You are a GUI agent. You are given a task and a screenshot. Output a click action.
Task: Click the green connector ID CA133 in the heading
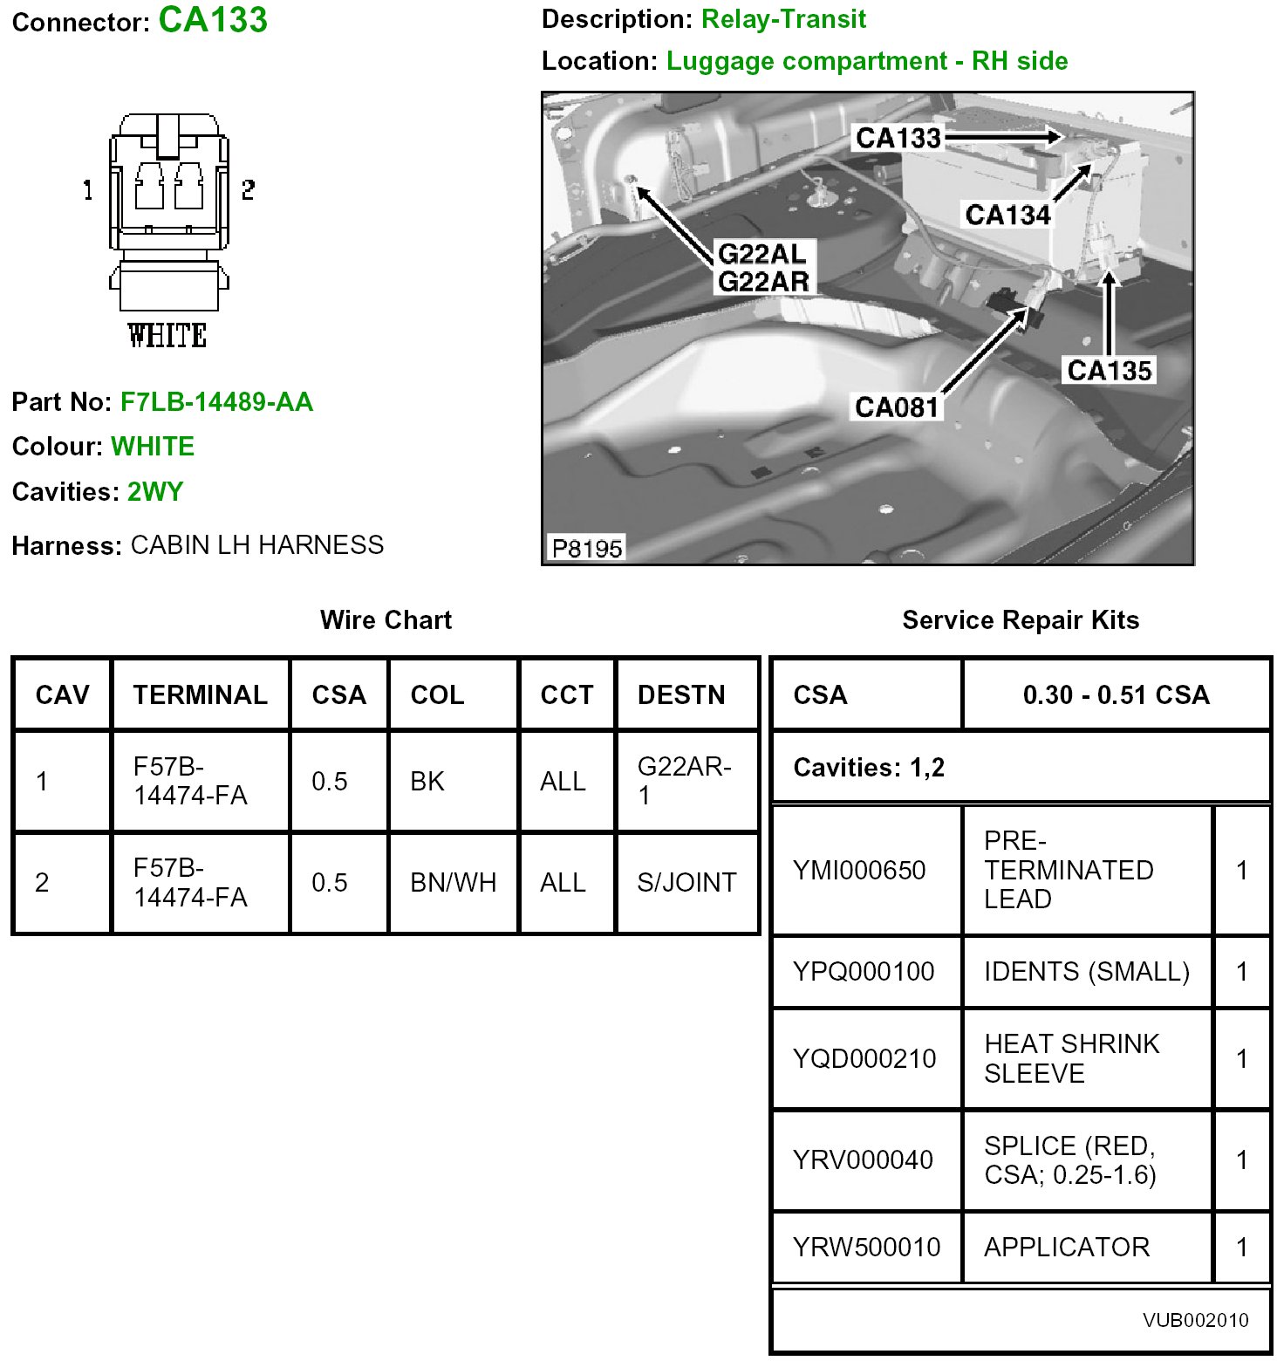(213, 20)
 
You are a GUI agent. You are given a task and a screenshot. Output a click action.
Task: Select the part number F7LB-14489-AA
(216, 402)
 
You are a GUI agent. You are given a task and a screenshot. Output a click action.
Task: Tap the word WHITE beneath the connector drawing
(167, 336)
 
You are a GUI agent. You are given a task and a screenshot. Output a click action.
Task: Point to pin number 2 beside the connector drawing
(249, 189)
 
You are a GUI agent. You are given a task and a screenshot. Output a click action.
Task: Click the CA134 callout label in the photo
(1007, 215)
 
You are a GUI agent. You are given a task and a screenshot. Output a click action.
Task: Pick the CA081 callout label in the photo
(897, 407)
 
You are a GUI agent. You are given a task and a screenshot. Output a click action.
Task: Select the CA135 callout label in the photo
(1110, 371)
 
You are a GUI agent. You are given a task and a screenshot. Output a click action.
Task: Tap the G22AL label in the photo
(762, 254)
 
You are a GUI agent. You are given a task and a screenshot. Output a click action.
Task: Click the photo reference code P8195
(587, 548)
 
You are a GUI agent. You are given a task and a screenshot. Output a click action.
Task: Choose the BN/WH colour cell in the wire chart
(453, 883)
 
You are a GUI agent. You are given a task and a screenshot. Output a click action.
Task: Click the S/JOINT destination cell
(686, 883)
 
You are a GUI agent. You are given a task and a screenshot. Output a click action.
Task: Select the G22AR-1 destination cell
(685, 781)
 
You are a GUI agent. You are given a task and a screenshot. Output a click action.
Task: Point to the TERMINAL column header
(201, 694)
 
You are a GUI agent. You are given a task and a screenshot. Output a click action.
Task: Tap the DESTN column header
(681, 694)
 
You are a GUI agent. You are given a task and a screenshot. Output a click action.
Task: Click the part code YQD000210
(864, 1058)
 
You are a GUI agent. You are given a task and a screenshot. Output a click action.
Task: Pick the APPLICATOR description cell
(1067, 1247)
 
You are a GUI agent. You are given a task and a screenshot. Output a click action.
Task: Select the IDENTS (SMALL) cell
(1087, 971)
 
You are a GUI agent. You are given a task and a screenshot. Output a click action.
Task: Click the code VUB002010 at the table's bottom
(1196, 1320)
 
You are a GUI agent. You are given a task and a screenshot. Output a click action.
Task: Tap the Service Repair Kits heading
(1021, 620)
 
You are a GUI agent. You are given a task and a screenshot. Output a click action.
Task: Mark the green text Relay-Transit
(783, 19)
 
